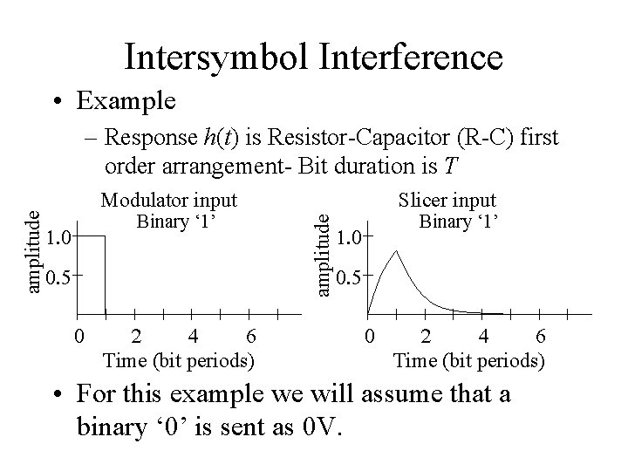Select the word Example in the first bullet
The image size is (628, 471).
click(x=126, y=100)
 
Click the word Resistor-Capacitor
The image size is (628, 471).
click(x=348, y=139)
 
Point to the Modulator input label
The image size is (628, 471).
click(x=169, y=201)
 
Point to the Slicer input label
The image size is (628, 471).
click(x=447, y=201)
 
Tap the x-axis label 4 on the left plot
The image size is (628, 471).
click(x=193, y=336)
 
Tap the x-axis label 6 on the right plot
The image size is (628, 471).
click(x=541, y=336)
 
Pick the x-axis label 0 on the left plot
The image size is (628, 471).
click(x=78, y=336)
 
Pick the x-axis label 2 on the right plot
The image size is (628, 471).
click(x=426, y=336)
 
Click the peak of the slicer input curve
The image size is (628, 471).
click(x=397, y=250)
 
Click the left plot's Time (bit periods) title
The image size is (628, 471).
click(x=179, y=358)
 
